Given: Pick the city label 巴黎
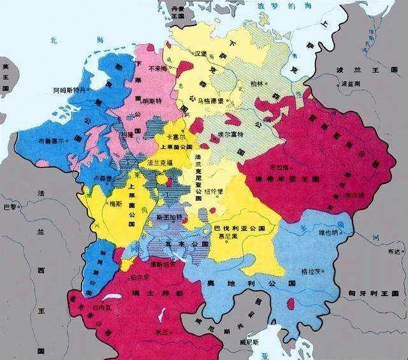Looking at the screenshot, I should pyautogui.click(x=8, y=207).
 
